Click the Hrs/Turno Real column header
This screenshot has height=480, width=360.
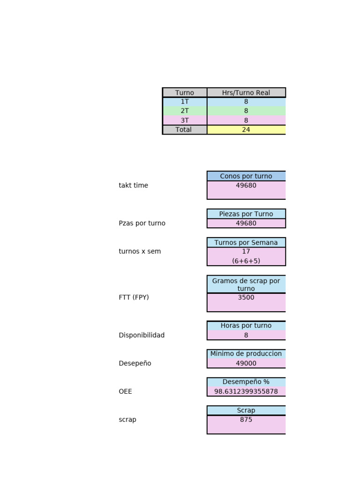tap(246, 93)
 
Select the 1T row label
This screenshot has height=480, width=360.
tap(185, 102)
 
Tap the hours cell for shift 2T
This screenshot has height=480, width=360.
tap(246, 111)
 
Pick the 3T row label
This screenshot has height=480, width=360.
tap(185, 120)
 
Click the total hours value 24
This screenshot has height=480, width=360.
tap(246, 130)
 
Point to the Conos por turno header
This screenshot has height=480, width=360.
tap(246, 176)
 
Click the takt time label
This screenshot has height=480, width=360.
tap(134, 186)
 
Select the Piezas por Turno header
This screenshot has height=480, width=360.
tap(246, 214)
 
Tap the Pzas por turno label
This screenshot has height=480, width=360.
tap(142, 224)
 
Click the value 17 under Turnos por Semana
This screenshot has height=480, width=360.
tap(246, 252)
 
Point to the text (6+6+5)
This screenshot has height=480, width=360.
tap(246, 261)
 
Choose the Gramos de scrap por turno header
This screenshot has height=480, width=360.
tap(246, 285)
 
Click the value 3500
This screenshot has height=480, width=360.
tap(246, 298)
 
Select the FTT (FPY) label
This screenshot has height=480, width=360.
tap(134, 298)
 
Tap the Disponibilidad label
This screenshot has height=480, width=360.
tap(142, 336)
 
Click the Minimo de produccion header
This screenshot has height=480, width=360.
tap(246, 354)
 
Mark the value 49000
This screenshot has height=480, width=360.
tap(246, 363)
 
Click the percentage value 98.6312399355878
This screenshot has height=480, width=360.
tap(246, 391)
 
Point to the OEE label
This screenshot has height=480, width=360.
tap(126, 391)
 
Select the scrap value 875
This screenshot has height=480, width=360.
tap(246, 420)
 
